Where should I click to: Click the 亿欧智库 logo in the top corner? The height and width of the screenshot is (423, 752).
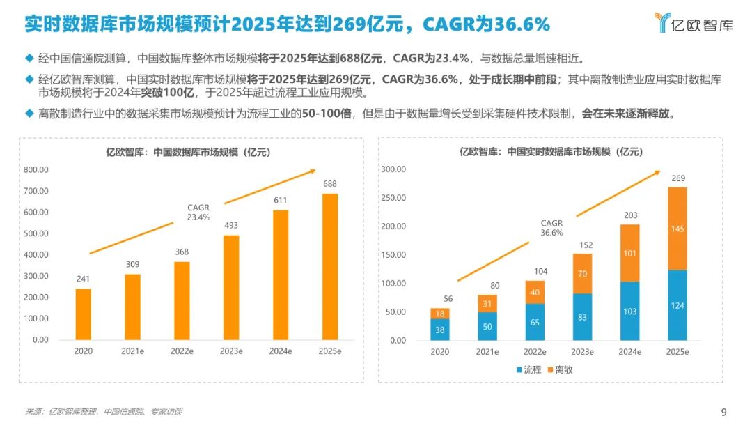[x=694, y=24]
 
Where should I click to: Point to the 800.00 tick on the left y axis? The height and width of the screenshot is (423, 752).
[x=36, y=169]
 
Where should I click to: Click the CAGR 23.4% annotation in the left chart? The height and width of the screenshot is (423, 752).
[x=198, y=212]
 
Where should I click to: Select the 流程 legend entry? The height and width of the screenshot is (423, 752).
[x=529, y=369]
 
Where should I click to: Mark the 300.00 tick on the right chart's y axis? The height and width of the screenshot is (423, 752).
[x=394, y=169]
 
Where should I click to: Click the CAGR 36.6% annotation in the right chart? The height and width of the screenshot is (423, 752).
[x=551, y=228]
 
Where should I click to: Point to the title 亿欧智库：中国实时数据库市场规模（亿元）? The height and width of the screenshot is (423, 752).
[x=550, y=151]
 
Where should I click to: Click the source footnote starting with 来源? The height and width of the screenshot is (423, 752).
[x=104, y=412]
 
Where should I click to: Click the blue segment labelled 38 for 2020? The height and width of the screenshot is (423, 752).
[x=439, y=329]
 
